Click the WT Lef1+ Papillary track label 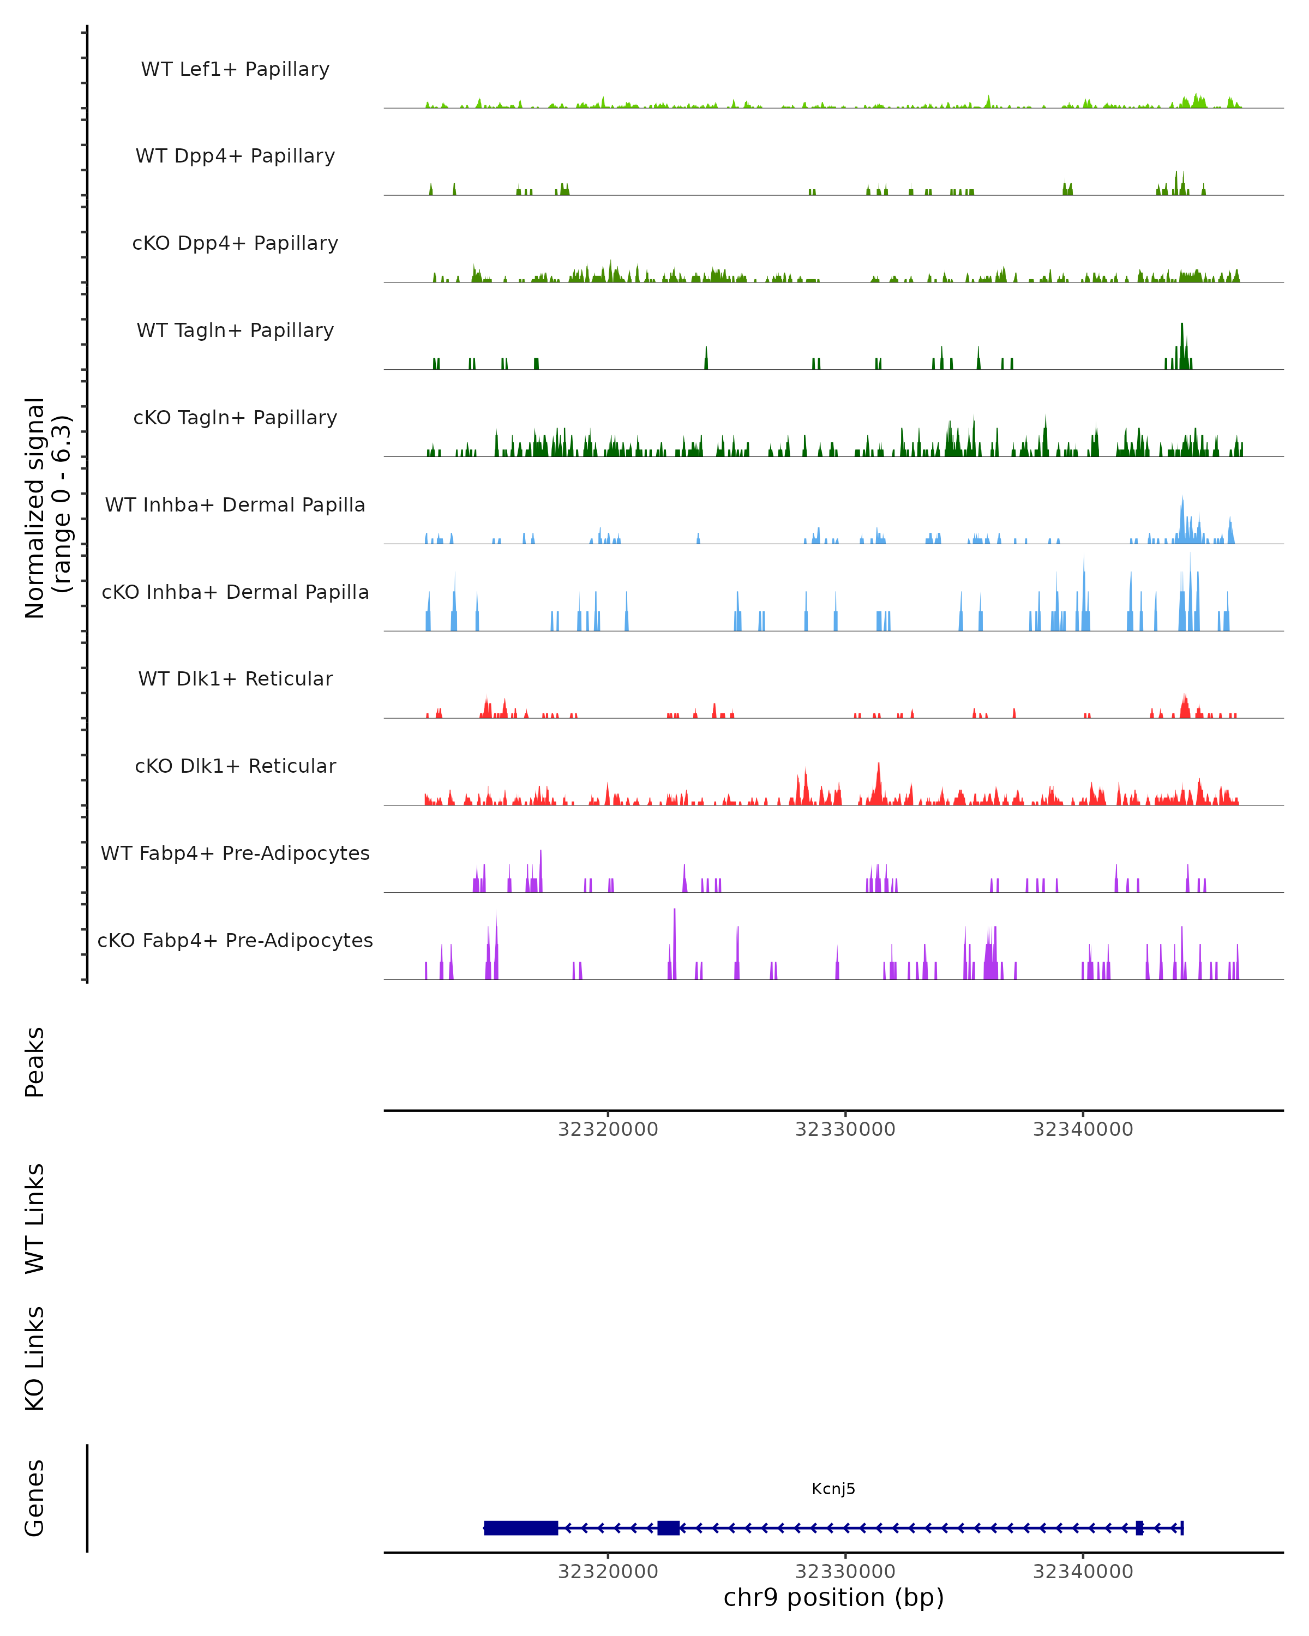coord(235,69)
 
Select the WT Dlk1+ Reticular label coord(235,678)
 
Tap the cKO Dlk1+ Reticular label coord(235,766)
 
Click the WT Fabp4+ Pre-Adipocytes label coord(235,853)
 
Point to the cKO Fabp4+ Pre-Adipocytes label coord(235,940)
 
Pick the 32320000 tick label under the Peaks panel coord(608,1129)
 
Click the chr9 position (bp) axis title coord(833,1597)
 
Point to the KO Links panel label coord(35,1358)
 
